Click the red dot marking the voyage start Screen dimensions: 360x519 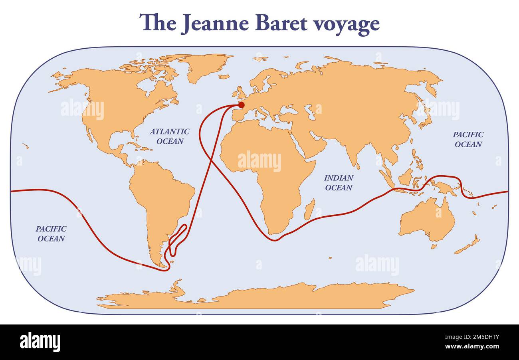point(241,105)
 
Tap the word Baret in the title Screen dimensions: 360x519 point(281,23)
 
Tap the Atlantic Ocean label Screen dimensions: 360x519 point(170,136)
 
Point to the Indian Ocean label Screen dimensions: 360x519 point(339,182)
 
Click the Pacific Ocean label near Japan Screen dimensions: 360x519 point(468,139)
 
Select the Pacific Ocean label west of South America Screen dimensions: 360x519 point(51,233)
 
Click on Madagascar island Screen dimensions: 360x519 point(309,210)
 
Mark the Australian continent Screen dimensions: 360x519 point(427,220)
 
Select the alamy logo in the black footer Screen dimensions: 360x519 point(40,342)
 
